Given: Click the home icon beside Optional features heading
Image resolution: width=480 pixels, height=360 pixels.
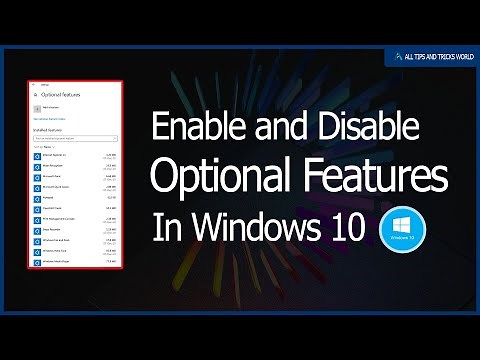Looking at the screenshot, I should point(35,95).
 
